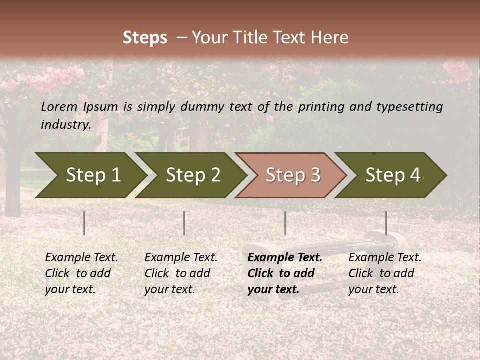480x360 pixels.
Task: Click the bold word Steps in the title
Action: pyautogui.click(x=145, y=38)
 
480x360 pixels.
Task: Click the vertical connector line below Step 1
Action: pyautogui.click(x=84, y=223)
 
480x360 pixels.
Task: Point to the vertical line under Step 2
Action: pyautogui.click(x=184, y=223)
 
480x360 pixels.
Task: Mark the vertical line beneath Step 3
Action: pyautogui.click(x=285, y=223)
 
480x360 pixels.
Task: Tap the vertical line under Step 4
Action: pyautogui.click(x=386, y=223)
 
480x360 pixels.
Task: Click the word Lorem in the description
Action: pyautogui.click(x=59, y=107)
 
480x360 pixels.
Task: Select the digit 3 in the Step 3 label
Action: pyautogui.click(x=315, y=175)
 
